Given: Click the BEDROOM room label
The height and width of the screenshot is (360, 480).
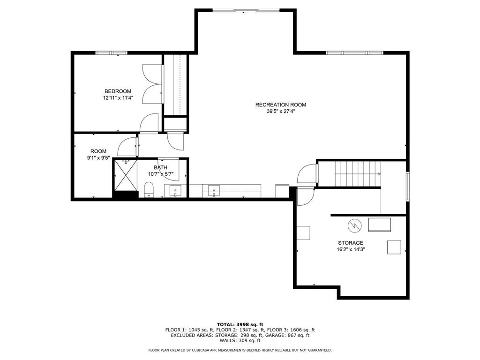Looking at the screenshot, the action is [x=118, y=91].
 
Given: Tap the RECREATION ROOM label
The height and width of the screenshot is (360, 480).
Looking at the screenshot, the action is [x=281, y=105].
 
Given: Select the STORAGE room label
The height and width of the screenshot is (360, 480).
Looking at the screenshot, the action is [x=351, y=243].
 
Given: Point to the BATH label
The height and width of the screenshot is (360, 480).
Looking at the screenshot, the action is [x=160, y=167].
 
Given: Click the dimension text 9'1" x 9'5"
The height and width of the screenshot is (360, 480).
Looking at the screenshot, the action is [x=98, y=158].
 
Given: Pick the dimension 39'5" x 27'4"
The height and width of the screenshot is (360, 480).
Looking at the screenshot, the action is [x=281, y=112].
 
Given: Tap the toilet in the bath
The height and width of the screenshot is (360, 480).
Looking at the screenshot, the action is [x=149, y=190].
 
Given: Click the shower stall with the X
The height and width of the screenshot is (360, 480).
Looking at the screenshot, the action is [x=126, y=175].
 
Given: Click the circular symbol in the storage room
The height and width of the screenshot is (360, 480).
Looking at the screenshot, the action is [x=354, y=225].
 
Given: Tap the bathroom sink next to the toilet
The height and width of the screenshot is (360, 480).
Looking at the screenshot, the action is [x=175, y=191].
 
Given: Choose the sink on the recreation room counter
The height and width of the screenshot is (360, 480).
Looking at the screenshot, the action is [x=214, y=191].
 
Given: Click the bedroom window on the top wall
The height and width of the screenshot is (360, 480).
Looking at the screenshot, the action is [x=112, y=52].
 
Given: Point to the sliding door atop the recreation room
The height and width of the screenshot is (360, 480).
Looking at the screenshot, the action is [x=246, y=10].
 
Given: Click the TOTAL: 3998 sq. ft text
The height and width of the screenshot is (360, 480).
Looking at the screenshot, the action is [x=240, y=324].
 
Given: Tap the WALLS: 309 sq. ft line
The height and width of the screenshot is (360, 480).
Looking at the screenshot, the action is [x=240, y=340].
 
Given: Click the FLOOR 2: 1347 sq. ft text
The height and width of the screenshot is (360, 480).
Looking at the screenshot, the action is [x=240, y=330].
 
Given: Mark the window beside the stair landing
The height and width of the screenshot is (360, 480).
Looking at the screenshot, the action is [x=408, y=187].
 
